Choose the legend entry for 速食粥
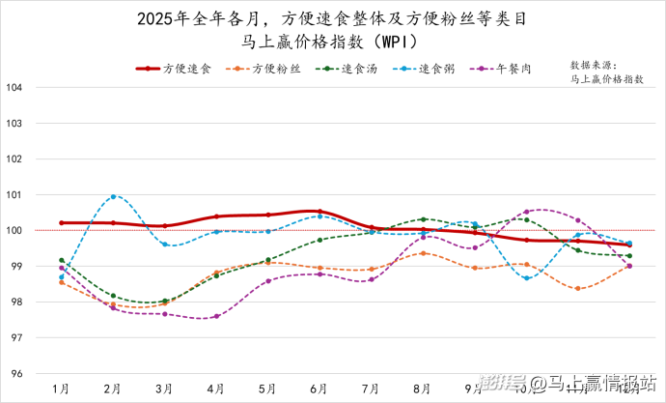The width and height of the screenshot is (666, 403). pos(426,70)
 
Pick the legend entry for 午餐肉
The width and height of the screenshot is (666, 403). pos(504,70)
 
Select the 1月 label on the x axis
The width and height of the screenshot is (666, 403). pos(61,388)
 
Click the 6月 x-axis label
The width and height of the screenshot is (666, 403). pos(319,388)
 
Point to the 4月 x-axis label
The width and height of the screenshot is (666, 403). pos(216,388)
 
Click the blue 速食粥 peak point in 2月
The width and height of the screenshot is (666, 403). pos(113,197)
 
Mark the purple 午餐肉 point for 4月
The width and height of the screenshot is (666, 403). pos(216,316)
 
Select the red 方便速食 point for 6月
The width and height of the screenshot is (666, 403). pos(319,212)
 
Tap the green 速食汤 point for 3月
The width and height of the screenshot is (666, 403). pos(165,301)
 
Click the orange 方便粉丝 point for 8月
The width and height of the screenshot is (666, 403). pos(423,253)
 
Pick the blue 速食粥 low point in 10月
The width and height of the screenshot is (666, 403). pos(526,278)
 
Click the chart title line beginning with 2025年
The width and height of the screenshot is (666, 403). pos(332,17)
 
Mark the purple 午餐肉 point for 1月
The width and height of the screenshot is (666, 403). pos(61,268)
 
